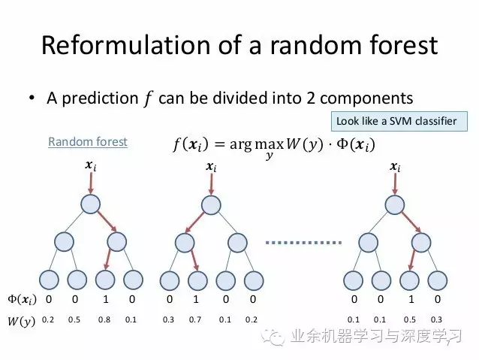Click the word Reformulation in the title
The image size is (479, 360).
(x=125, y=45)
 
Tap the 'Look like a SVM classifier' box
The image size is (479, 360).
(x=399, y=122)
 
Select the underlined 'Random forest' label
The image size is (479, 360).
(x=88, y=141)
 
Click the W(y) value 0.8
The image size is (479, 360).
(x=104, y=319)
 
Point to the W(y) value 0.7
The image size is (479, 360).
(x=195, y=319)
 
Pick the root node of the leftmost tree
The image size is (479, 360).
(x=90, y=204)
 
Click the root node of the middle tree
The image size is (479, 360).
(x=211, y=204)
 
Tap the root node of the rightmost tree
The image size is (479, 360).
(x=395, y=204)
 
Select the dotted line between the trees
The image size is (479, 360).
(x=303, y=243)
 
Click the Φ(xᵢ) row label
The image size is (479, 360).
(x=22, y=299)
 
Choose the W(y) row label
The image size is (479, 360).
(x=21, y=321)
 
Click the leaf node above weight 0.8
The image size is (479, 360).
(x=105, y=280)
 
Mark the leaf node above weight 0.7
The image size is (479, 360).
(x=197, y=280)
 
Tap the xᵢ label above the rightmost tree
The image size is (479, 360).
(x=395, y=167)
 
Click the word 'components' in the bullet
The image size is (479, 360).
(x=366, y=98)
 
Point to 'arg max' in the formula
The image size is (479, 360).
(x=257, y=144)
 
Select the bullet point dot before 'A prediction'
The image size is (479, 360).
(x=32, y=98)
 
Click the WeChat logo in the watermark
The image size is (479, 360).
(x=273, y=337)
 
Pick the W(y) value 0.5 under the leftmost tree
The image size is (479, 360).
(x=74, y=319)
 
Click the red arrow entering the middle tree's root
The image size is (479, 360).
(x=211, y=183)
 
